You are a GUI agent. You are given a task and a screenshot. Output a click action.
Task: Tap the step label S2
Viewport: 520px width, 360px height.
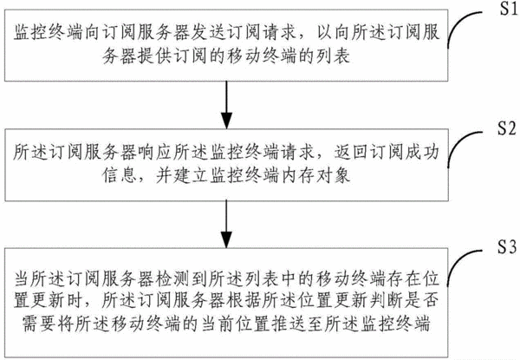[x=507, y=128]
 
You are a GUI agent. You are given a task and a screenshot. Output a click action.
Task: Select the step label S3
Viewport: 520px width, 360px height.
[x=507, y=246]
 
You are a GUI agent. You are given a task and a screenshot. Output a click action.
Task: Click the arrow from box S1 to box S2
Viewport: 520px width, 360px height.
[x=226, y=105]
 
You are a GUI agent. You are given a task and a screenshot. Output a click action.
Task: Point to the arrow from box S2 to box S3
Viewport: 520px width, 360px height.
[x=226, y=225]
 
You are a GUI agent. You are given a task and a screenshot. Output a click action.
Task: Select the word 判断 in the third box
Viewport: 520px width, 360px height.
[x=387, y=299]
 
